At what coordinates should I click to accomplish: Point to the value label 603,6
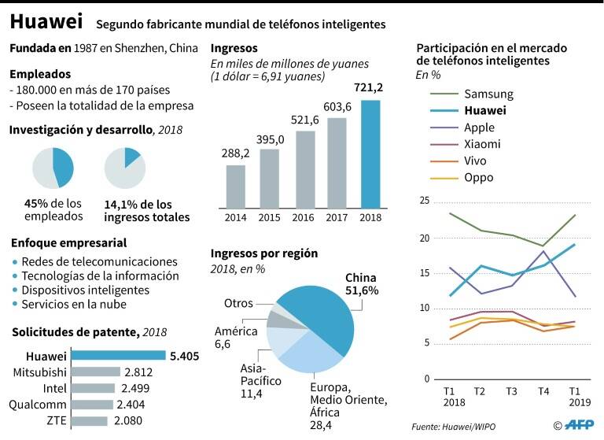[336, 108]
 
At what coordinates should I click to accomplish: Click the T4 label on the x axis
[543, 390]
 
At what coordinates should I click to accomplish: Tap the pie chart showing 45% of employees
[53, 167]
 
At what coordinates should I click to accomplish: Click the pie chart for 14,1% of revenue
[124, 167]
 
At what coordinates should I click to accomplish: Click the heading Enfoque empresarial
[69, 243]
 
